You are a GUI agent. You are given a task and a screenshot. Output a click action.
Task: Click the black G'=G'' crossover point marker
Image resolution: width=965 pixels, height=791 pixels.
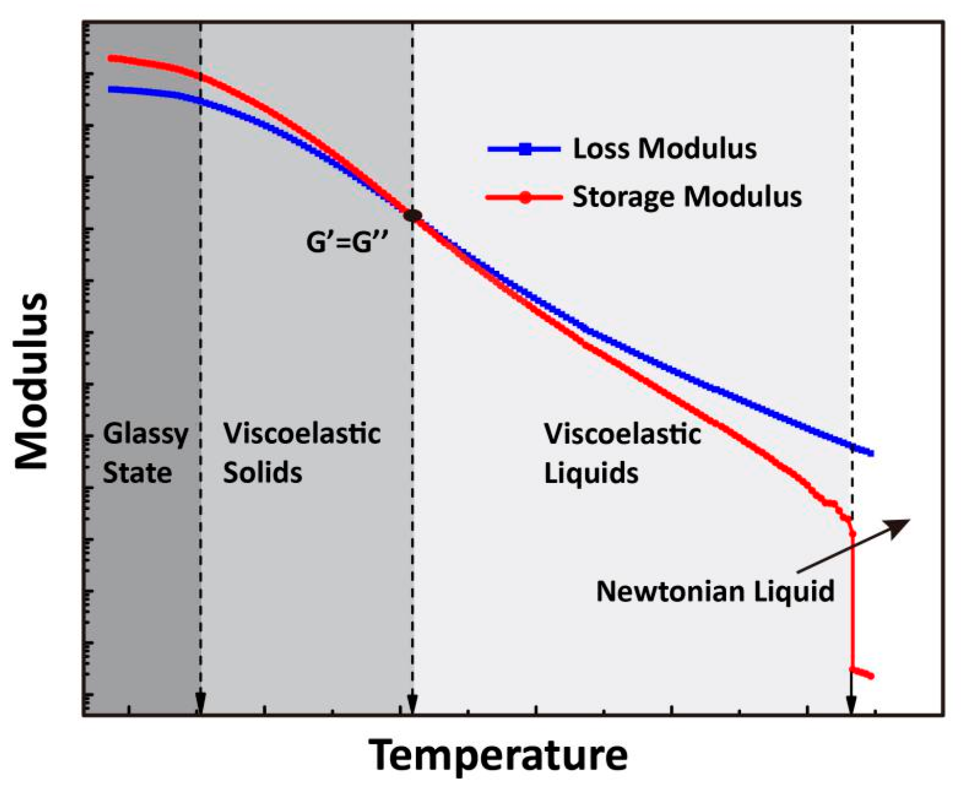412,215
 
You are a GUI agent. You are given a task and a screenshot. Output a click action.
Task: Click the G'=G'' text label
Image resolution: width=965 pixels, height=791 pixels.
347,242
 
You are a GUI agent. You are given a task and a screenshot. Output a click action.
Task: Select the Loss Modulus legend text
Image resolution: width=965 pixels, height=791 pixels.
664,148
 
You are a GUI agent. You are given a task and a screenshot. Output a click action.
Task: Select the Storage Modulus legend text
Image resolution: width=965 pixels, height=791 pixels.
687,196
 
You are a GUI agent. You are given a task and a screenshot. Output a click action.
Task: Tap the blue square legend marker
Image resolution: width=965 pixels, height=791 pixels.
525,149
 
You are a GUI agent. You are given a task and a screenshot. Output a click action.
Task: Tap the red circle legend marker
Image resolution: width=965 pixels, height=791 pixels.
525,197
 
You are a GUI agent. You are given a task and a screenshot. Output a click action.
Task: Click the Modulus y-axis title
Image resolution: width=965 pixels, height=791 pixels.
31,381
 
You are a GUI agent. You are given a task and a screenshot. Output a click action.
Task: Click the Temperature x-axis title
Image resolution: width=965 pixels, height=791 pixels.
498,755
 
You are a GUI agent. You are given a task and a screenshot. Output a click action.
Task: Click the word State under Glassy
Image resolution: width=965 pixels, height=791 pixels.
137,472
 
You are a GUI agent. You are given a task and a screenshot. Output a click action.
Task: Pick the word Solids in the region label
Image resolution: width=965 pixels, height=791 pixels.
262,472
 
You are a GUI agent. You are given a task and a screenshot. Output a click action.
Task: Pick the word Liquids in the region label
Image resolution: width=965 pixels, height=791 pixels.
590,472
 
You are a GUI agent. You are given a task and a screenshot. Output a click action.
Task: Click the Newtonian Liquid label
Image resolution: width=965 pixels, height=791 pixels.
715,591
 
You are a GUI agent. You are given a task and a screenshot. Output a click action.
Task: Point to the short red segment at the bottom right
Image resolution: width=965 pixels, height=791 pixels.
862,673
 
